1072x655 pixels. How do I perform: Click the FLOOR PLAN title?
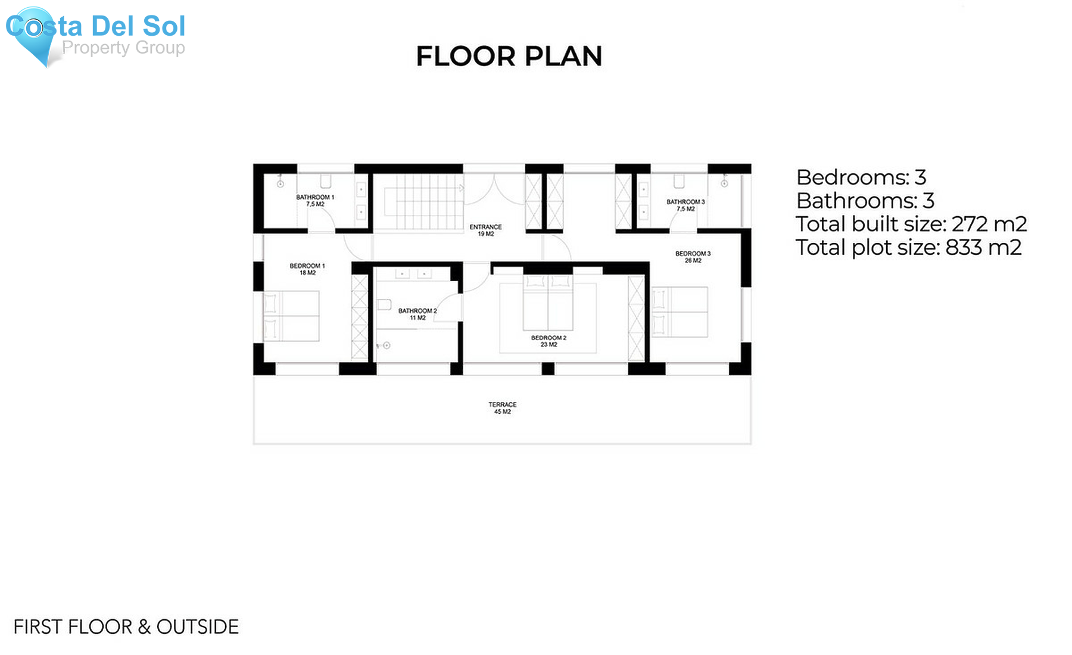tap(509, 57)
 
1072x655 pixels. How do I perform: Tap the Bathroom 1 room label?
tap(315, 201)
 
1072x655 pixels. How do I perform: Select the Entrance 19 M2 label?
tap(485, 230)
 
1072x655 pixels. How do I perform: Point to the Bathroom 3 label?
tap(685, 205)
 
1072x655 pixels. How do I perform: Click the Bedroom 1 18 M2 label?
tap(307, 269)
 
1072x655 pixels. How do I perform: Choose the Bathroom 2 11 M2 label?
tap(417, 314)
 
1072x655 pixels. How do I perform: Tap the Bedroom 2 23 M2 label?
tap(549, 341)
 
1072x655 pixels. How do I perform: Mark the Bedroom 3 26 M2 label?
tap(693, 257)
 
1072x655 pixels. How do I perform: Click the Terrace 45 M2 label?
tap(502, 408)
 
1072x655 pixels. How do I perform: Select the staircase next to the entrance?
tap(423, 202)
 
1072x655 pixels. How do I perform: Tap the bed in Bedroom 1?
tap(291, 316)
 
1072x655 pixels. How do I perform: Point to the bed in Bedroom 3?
tap(680, 312)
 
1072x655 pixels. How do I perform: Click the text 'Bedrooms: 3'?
tap(861, 177)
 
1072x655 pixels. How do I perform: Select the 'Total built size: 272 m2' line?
tap(911, 224)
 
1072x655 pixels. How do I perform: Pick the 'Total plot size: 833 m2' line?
tap(908, 247)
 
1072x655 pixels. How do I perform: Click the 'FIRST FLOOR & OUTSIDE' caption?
tap(126, 626)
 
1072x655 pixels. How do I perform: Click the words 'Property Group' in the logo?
tap(123, 48)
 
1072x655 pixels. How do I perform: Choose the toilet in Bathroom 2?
tap(384, 305)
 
